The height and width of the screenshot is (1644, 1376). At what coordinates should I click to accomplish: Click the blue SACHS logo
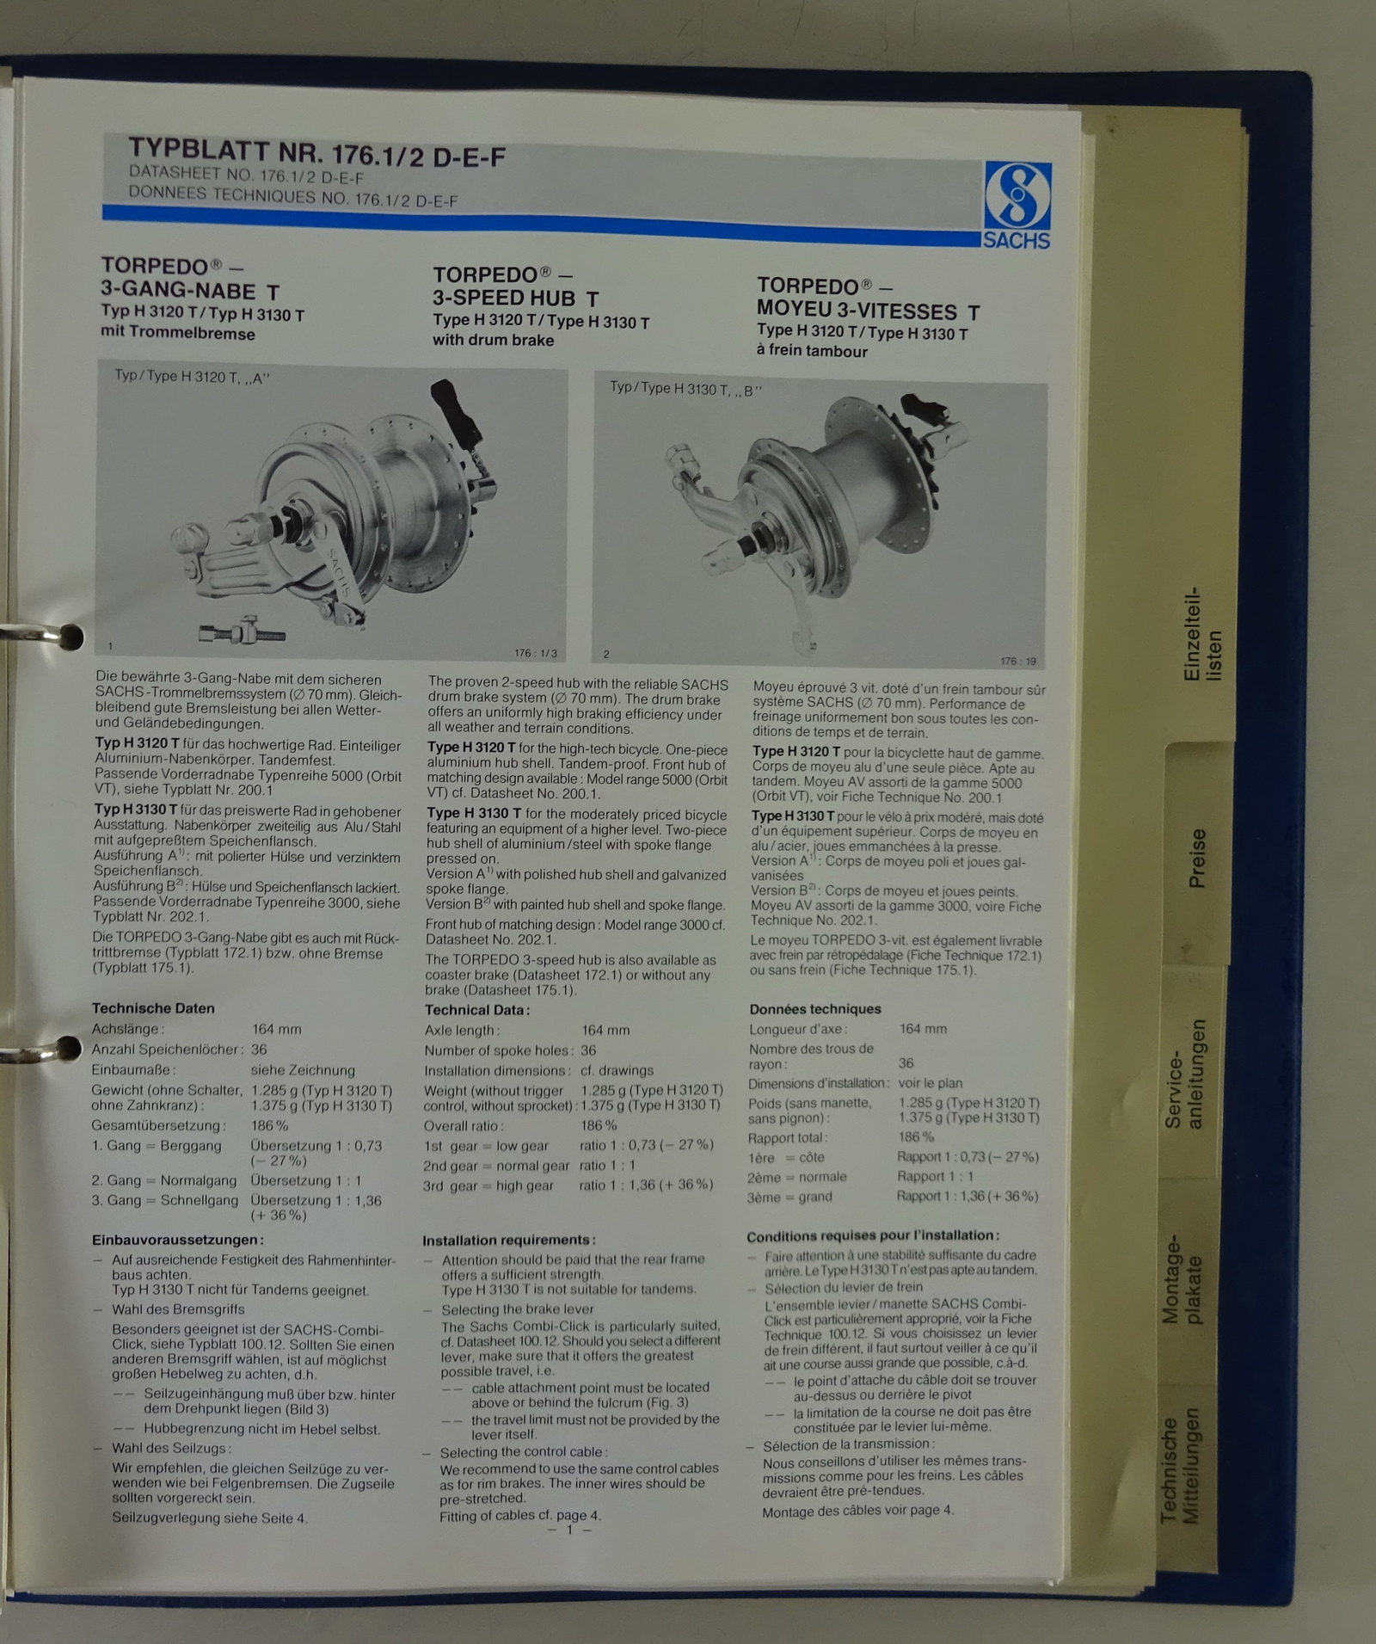pos(1017,206)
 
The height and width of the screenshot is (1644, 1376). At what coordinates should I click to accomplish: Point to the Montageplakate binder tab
pos(1183,1282)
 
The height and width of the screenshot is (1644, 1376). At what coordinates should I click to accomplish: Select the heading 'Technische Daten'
pos(153,1008)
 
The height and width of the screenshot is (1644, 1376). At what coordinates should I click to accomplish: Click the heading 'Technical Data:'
pos(477,1010)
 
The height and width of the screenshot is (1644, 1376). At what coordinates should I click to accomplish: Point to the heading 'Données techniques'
pos(815,1009)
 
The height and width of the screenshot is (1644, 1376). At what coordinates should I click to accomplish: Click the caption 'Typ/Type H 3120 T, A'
pos(192,376)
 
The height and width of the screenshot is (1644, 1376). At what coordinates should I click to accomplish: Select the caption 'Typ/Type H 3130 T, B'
pos(685,389)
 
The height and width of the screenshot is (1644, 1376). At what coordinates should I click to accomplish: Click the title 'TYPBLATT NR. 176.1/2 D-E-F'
pos(317,151)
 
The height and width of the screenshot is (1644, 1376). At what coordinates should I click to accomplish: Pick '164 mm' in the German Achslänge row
pos(276,1029)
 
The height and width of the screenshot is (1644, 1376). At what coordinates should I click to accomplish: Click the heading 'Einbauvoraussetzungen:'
pos(178,1240)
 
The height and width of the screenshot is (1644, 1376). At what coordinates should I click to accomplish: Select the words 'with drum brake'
pos(493,340)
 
